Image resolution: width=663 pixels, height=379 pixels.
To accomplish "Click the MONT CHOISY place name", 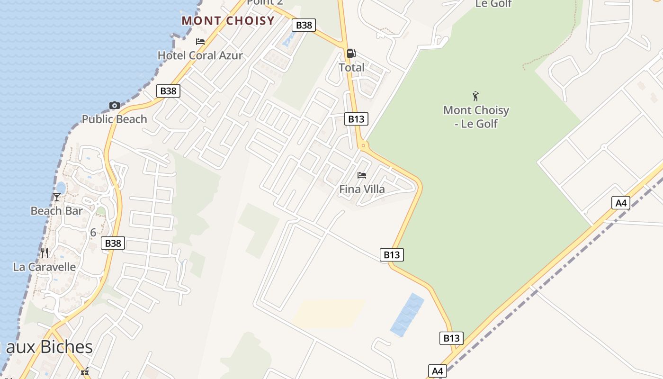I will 228,21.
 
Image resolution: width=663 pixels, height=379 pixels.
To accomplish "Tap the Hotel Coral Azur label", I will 200,55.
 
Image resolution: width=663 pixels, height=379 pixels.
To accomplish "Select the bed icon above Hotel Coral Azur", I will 200,42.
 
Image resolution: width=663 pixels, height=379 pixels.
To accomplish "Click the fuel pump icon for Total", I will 351,54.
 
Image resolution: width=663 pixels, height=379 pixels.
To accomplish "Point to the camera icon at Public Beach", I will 114,105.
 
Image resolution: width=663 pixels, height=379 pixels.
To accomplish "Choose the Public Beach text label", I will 114,119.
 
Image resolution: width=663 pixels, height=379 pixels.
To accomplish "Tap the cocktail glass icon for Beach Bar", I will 57,197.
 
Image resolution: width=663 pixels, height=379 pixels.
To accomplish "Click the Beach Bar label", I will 56,211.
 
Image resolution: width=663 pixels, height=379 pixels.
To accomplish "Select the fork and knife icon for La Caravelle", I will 44,253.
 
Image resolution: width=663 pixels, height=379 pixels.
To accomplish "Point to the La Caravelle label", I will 44,267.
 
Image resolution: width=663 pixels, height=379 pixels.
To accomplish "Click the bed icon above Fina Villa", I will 362,175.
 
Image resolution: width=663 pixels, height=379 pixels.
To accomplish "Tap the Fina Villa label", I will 362,189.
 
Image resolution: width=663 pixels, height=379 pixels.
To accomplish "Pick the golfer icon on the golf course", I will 476,96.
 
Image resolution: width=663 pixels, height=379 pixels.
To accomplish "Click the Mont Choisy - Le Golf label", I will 476,117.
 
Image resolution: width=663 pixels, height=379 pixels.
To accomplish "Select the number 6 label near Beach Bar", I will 93,233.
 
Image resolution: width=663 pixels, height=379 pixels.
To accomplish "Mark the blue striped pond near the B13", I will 407,315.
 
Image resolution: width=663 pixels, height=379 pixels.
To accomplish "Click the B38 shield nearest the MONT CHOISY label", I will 304,25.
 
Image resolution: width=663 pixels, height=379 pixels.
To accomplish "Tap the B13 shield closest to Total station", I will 356,119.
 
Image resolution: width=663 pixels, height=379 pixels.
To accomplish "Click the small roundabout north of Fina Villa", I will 363,145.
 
